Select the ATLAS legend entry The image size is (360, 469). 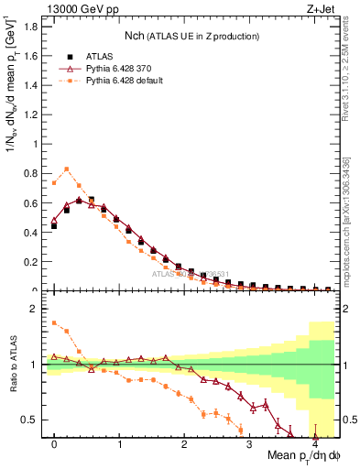[99, 54]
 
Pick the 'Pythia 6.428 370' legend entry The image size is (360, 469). [117, 68]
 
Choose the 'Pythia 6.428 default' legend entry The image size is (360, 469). [124, 81]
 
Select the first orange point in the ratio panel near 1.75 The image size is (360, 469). [54, 322]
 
